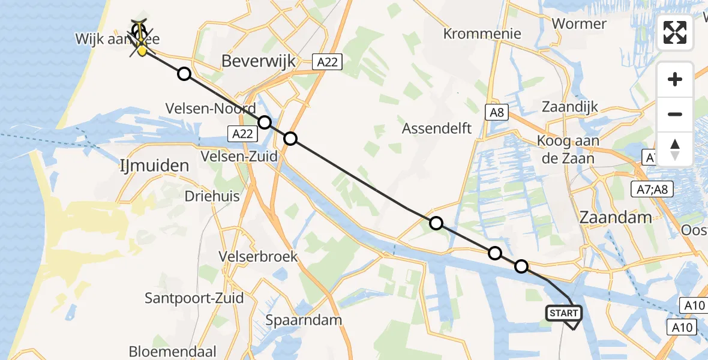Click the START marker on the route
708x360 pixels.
[x=563, y=313]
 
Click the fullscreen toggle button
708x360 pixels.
[x=675, y=32]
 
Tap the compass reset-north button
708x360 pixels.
[x=675, y=149]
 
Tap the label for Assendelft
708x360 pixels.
[x=437, y=128]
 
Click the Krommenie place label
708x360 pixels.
[x=482, y=34]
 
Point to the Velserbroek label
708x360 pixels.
[x=258, y=257]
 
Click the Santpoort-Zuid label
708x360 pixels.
[x=194, y=298]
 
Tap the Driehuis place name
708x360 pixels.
[x=212, y=196]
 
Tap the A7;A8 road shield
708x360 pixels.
[x=653, y=190]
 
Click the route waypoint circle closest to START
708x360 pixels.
[x=521, y=266]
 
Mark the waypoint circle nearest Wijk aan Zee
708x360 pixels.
[x=184, y=74]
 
